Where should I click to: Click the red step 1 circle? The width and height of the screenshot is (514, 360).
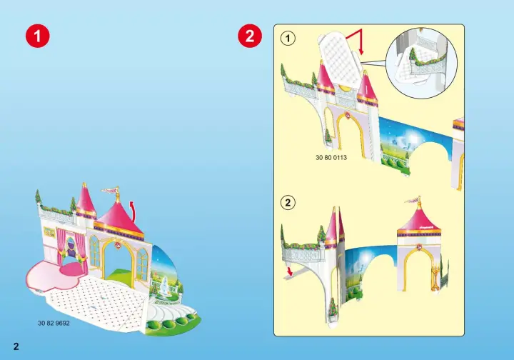[x=38, y=36]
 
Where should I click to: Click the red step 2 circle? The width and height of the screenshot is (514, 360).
[x=250, y=36]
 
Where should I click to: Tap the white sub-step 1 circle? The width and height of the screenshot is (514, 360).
[x=288, y=39]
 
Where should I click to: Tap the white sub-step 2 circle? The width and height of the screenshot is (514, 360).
[x=288, y=203]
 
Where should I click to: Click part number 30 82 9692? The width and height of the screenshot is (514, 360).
[x=54, y=323]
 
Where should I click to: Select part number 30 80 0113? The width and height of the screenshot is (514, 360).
[x=331, y=157]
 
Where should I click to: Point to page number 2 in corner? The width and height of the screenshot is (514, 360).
[x=16, y=346]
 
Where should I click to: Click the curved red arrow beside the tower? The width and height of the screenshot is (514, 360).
[x=133, y=210]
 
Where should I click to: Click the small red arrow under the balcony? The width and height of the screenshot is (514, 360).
[x=289, y=271]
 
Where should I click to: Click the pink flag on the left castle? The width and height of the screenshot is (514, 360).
[x=109, y=189]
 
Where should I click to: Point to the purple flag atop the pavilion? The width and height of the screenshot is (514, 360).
[x=411, y=200]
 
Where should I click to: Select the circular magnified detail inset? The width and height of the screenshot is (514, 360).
[x=422, y=63]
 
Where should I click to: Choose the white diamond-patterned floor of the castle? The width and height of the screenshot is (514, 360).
[x=99, y=301]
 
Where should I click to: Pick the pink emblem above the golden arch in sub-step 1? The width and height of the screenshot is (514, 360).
[x=347, y=115]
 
